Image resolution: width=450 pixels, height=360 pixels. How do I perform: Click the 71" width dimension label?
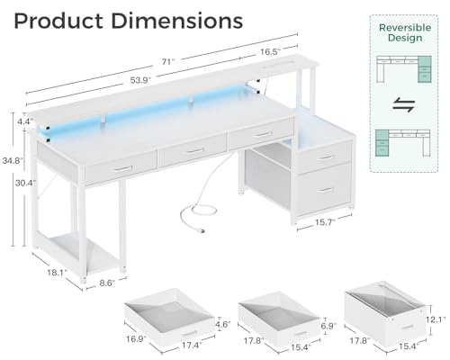(x=168, y=62)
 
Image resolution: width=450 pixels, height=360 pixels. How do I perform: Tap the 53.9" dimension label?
(x=140, y=80)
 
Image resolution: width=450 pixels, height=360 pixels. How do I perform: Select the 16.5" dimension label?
(x=270, y=52)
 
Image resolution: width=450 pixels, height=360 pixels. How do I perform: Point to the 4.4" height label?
(x=24, y=121)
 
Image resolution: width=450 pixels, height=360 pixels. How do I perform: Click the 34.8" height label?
(x=13, y=160)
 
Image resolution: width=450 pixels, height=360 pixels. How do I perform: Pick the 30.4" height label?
(x=26, y=183)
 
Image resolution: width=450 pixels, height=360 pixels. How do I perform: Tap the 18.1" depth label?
(x=57, y=273)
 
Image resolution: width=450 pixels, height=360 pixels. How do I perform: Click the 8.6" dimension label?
(x=107, y=283)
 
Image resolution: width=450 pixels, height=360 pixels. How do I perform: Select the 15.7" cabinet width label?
(x=325, y=222)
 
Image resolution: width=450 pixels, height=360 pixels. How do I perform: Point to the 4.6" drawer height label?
(x=222, y=324)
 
